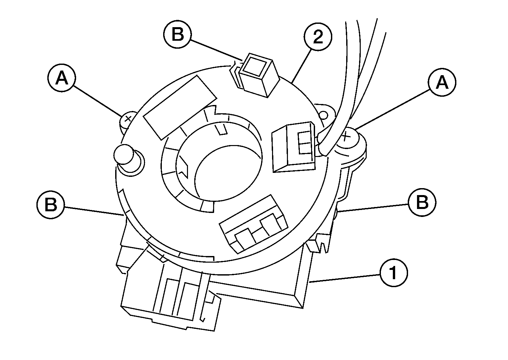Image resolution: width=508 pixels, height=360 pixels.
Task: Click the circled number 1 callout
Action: coord(393,273)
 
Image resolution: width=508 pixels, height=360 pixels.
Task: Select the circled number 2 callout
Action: coord(318,36)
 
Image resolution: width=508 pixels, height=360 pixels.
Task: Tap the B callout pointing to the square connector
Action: coord(178,34)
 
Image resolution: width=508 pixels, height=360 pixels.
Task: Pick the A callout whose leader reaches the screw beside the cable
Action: coord(442,82)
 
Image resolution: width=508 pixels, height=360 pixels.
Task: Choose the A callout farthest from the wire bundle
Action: coord(62,78)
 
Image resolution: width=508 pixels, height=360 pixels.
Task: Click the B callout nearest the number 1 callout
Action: coord(422,202)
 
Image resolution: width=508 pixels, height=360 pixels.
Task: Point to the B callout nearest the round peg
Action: coord(51,205)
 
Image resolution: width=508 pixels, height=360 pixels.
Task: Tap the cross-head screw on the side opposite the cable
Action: coord(127,120)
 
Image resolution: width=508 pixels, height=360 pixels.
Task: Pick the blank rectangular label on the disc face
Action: coord(180,108)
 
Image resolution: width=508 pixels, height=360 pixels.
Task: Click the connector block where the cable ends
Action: coord(294,147)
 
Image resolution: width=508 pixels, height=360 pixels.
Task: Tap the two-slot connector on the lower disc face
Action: coord(253,224)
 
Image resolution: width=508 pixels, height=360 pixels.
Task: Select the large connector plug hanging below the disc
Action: coord(170,295)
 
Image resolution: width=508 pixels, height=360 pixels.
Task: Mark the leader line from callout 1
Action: coord(345,278)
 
